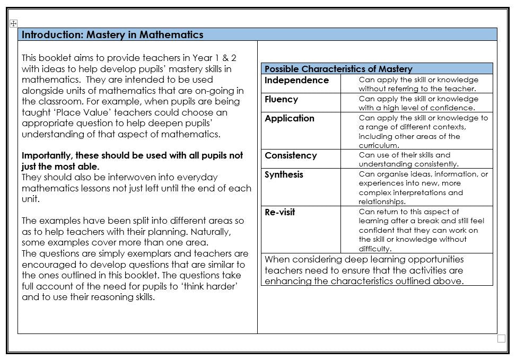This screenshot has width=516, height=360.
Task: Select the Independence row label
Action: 296,80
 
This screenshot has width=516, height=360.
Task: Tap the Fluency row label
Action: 281,99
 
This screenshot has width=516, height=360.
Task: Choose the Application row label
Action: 290,118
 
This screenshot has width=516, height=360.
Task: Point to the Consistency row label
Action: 291,155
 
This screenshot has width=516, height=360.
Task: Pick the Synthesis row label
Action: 284,174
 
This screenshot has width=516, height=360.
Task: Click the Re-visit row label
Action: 280,212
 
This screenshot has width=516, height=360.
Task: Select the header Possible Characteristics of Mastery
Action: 338,69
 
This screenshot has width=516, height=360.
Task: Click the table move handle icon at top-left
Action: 14,23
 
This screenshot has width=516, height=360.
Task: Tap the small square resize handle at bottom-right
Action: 501,339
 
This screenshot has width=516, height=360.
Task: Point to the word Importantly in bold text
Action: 47,155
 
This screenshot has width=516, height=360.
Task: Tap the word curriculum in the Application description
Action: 379,145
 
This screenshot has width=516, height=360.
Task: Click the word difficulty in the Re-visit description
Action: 375,249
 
